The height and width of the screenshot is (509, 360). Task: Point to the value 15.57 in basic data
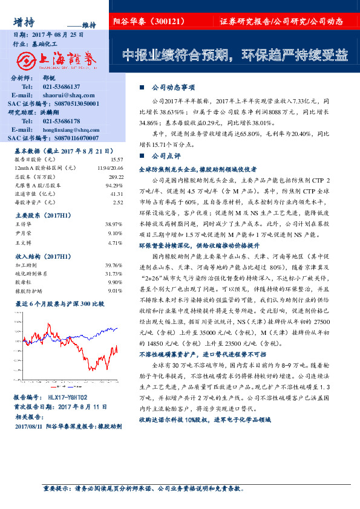click(117, 159)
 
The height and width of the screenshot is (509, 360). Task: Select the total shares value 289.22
click(116, 177)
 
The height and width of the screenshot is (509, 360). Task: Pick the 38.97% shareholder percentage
click(115, 224)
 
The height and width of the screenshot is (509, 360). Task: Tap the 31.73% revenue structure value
click(114, 273)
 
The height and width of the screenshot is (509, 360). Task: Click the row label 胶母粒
click(22, 282)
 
